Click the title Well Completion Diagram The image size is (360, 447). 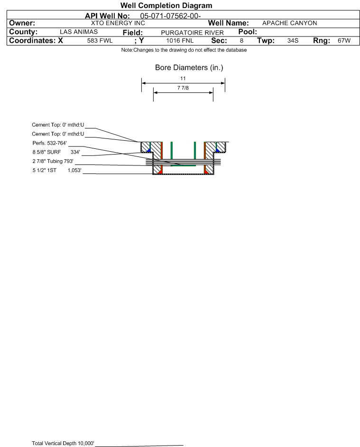(x=166, y=5)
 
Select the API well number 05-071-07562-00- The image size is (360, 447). (x=170, y=16)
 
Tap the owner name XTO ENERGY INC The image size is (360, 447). (x=118, y=23)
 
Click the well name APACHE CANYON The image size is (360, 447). (x=289, y=23)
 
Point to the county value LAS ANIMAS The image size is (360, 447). (x=79, y=32)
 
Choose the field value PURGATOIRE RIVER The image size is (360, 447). (x=192, y=33)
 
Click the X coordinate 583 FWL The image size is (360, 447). (x=100, y=40)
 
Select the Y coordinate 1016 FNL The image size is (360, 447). (x=180, y=40)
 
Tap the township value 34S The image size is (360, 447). (x=293, y=40)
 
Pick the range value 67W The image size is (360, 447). (x=344, y=40)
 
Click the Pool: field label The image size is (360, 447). (x=248, y=32)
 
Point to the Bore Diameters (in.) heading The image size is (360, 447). (x=189, y=68)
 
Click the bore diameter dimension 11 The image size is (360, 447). (x=183, y=78)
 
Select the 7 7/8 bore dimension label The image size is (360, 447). (x=183, y=88)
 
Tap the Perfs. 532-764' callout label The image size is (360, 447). (x=50, y=143)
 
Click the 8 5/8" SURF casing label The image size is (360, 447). (x=46, y=152)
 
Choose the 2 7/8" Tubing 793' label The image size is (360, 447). (x=53, y=161)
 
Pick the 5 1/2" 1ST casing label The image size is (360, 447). (x=44, y=171)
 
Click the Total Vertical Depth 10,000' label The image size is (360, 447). (x=63, y=443)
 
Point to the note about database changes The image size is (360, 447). (x=184, y=50)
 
